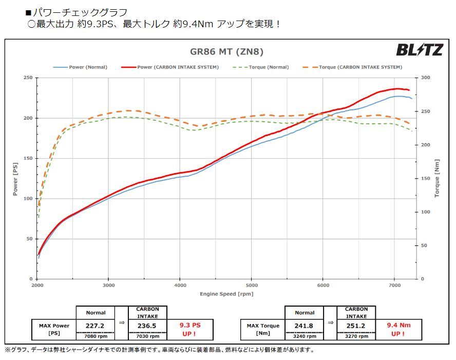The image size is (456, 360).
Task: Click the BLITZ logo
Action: (x=419, y=50)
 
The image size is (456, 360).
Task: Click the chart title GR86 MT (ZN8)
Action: (x=226, y=51)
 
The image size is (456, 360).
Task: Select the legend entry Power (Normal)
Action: (x=81, y=67)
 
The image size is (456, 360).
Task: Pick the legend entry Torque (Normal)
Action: (x=261, y=67)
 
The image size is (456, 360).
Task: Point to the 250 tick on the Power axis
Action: (x=28, y=78)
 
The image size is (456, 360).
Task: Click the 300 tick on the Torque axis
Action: (x=425, y=78)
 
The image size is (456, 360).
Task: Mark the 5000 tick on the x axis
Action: (x=251, y=285)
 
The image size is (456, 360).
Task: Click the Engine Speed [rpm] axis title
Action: (x=226, y=294)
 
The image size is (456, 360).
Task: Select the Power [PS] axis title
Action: (x=15, y=178)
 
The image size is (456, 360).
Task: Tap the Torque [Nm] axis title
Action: (x=438, y=178)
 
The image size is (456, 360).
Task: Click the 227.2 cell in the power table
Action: (x=96, y=326)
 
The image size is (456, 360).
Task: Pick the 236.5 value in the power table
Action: (x=147, y=326)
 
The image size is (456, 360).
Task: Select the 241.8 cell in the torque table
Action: (x=305, y=326)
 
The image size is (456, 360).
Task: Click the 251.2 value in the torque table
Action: (x=356, y=326)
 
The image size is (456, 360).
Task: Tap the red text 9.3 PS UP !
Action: (x=189, y=329)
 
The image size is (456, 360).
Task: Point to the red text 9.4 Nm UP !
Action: (x=398, y=329)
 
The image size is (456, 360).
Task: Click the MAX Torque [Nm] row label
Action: (x=262, y=329)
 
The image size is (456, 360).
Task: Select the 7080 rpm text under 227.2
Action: (x=96, y=336)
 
